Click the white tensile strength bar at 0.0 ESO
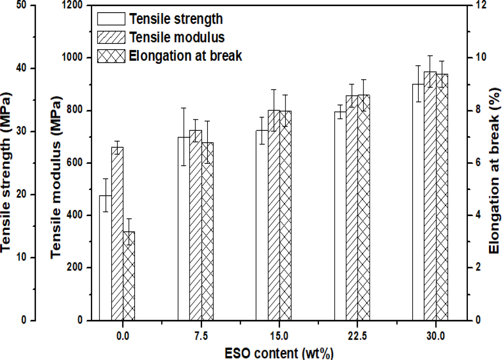click(105, 257)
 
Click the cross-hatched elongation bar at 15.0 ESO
click(285, 215)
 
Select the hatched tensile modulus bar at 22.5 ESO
click(352, 207)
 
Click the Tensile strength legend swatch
click(111, 19)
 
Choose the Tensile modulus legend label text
click(177, 37)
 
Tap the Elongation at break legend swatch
click(111, 56)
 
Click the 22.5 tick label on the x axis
click(357, 336)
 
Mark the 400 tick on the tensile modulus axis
click(74, 215)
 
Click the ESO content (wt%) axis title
click(279, 353)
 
